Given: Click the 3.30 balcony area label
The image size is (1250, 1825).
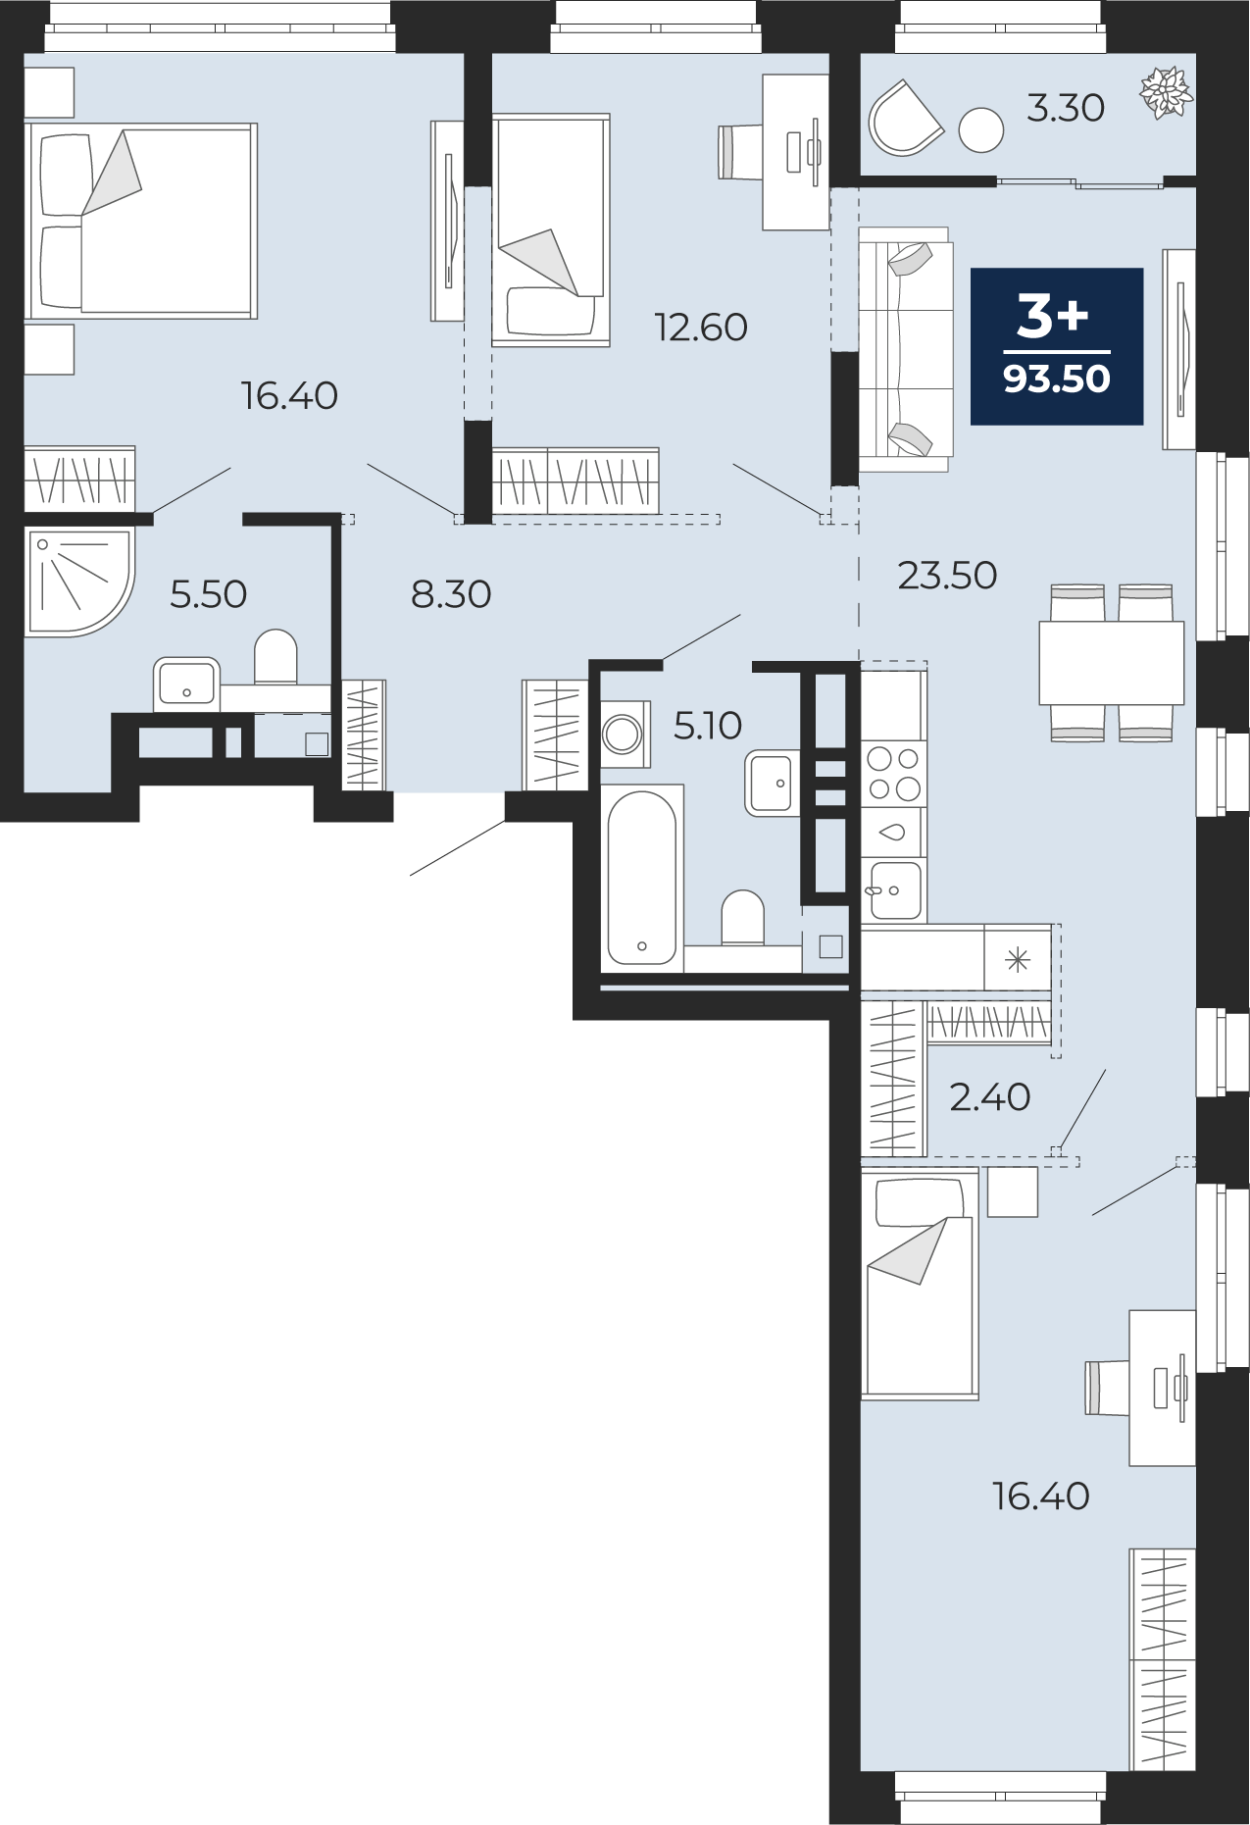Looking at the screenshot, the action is pos(1066,108).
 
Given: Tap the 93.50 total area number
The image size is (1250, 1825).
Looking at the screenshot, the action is pos(1057,379).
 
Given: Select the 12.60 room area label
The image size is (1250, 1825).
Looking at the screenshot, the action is pos(701,328).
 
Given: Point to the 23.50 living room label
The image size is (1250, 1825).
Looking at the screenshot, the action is pos(947,576).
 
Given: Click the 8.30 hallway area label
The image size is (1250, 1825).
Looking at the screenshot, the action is pos(451,594).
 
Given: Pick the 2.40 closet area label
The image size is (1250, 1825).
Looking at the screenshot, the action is pos(990,1097).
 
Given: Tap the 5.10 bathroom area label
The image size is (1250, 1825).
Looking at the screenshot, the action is pos(708,726).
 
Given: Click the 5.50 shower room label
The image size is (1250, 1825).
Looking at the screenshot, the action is pos(208,594).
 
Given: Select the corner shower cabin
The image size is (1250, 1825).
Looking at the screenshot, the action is pos(78,583).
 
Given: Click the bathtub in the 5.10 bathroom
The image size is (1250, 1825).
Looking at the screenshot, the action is pos(642,878).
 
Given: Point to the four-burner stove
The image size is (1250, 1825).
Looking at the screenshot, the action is pos(893,774).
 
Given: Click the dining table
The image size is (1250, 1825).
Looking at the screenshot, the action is pos(1112,663).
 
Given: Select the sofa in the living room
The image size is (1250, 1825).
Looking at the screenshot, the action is pos(905,349).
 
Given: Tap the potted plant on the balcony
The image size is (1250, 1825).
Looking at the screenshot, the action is pos(1167,93).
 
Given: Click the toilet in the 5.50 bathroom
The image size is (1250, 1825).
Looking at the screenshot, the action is pos(275,657).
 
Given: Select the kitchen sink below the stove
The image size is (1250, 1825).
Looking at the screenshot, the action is pos(893,890).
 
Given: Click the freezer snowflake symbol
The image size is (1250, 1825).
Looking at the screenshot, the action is pos(1018,959).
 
